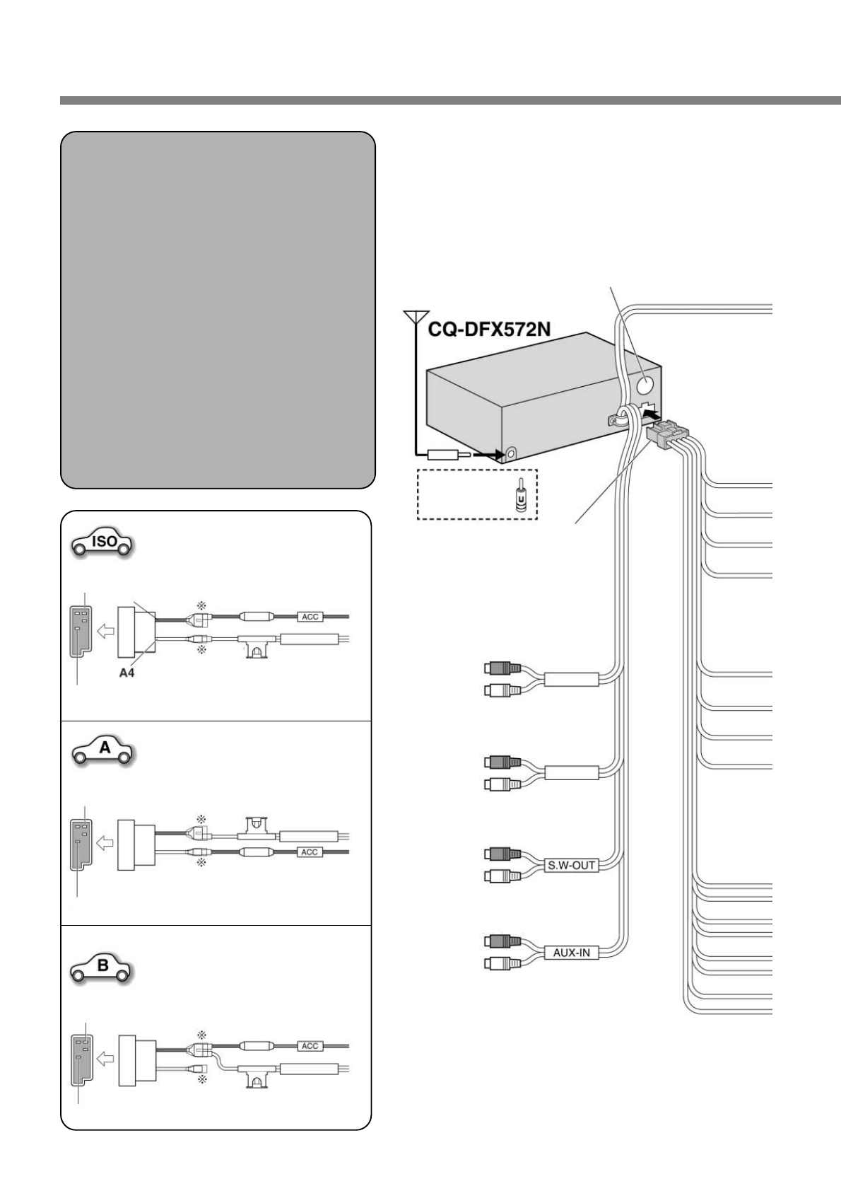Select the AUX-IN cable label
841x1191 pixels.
tap(571, 953)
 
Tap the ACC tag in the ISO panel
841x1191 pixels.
tap(311, 617)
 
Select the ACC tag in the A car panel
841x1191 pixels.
tap(310, 852)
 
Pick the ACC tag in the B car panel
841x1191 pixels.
tap(311, 1045)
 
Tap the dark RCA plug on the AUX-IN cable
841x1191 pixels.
tap(502, 941)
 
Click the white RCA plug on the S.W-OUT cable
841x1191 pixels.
tap(502, 877)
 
